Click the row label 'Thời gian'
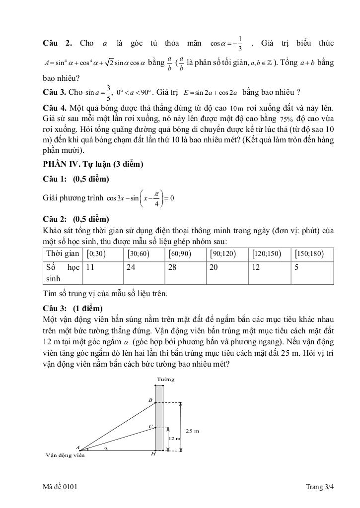pos(63,254)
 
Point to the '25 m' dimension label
pos(192,431)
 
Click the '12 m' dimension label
pos(174,439)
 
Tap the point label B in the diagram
pos(150,400)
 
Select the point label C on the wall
pos(150,427)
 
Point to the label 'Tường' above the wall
pos(165,380)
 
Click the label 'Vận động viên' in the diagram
pos(65,455)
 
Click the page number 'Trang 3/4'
pos(320,487)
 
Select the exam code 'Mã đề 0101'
pos(60,487)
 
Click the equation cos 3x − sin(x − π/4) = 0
pos(140,198)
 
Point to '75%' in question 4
pos(287,120)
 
